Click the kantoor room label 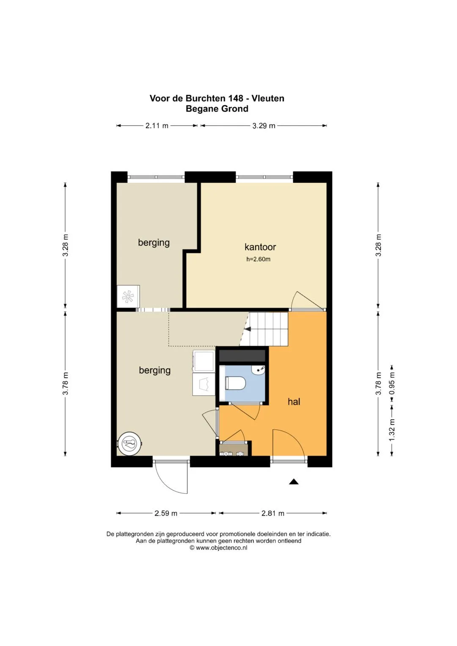click(x=260, y=247)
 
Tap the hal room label click(x=294, y=401)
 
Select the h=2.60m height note click(x=258, y=259)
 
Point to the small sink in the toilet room click(x=258, y=369)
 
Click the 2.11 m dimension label click(x=157, y=126)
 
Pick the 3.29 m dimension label click(x=264, y=126)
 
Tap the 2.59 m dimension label click(x=166, y=513)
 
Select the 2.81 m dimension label click(x=273, y=513)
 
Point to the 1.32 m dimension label click(x=391, y=430)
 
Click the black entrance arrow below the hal click(x=294, y=481)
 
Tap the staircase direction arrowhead click(x=248, y=329)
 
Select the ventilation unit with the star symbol click(x=128, y=297)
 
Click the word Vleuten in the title click(x=268, y=98)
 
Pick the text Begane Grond click(x=217, y=109)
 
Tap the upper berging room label click(x=154, y=243)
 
